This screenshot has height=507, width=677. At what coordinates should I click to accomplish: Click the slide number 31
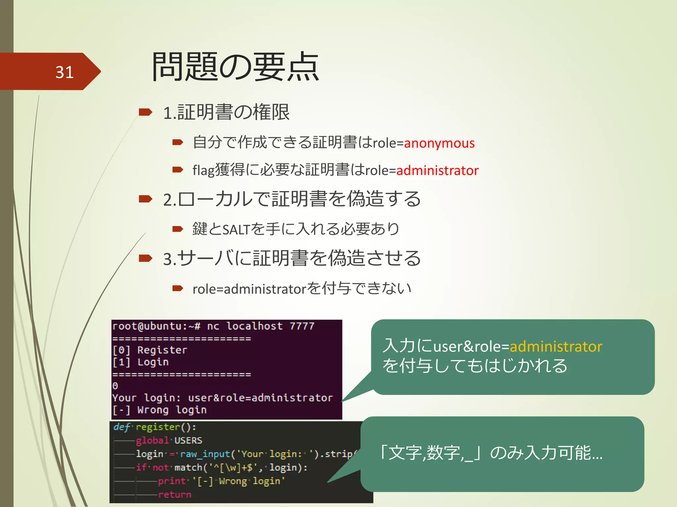coord(64,72)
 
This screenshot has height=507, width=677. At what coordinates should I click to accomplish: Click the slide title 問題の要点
coord(235,67)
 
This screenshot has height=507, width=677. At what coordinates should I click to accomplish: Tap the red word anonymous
coord(439,143)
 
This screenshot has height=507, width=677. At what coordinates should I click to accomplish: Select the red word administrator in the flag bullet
coord(437,170)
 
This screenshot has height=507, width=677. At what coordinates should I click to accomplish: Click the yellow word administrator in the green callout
coord(556,347)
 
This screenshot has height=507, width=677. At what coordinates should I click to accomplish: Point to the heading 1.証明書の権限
coord(226,112)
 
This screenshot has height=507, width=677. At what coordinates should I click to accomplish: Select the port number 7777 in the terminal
coord(302,326)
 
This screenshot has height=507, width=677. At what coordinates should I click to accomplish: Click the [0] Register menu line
coord(150,350)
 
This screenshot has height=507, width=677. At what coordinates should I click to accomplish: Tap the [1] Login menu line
coord(140,362)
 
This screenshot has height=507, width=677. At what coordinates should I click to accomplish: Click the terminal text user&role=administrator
coord(260,398)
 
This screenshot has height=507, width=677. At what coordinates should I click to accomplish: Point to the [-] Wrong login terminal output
coord(159,410)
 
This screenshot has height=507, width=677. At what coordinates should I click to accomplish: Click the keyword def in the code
coord(121,427)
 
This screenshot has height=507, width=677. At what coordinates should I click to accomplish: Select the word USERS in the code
coord(188,441)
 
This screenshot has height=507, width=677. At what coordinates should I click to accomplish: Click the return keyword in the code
coord(175,494)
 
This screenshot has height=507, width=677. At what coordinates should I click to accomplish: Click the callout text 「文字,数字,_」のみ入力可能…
coord(491,453)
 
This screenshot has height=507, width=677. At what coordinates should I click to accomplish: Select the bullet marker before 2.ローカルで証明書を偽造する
coord(145,199)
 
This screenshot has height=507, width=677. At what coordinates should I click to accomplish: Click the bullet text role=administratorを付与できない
coord(301,289)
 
